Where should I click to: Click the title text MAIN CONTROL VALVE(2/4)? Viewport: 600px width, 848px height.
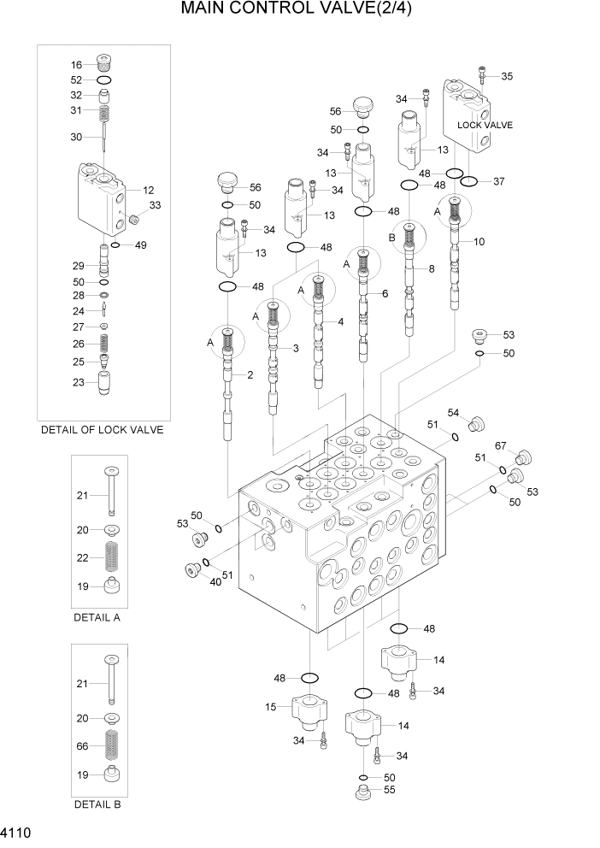[x=302, y=11]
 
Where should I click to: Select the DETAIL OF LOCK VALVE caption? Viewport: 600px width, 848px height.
[x=102, y=430]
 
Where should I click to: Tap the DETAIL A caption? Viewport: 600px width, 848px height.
[x=98, y=616]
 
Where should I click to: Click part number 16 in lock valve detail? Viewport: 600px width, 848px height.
[x=77, y=65]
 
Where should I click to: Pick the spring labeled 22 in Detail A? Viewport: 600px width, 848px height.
[x=110, y=558]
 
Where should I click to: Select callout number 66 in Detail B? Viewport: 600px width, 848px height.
[x=82, y=746]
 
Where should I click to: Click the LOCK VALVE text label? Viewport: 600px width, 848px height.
[x=485, y=125]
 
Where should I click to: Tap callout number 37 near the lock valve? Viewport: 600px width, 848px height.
[x=499, y=181]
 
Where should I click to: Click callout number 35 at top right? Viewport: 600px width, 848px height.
[x=507, y=76]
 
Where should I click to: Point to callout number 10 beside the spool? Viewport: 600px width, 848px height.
[x=479, y=242]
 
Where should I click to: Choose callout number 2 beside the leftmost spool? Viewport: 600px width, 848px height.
[x=250, y=375]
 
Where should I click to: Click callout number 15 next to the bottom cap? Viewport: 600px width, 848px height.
[x=271, y=707]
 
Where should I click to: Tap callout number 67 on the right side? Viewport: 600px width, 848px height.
[x=502, y=446]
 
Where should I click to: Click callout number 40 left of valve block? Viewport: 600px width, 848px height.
[x=215, y=582]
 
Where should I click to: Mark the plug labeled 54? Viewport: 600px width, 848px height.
[x=477, y=422]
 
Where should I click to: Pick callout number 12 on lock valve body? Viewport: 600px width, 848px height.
[x=148, y=190]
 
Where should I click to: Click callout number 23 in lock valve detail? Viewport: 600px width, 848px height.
[x=78, y=383]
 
